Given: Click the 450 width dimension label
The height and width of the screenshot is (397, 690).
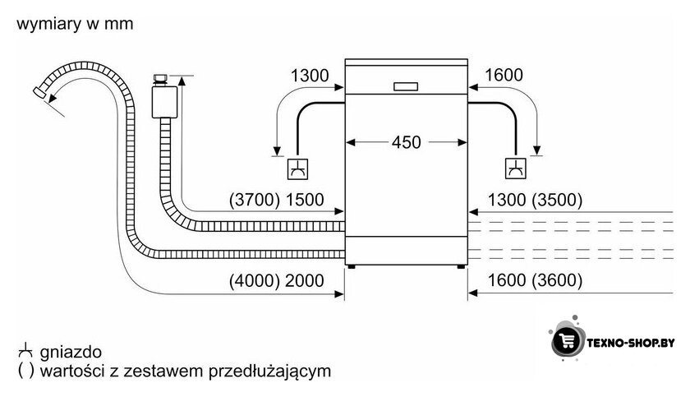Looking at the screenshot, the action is pos(406,142).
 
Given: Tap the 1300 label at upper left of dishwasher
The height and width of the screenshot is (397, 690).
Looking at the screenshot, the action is pos(310,76).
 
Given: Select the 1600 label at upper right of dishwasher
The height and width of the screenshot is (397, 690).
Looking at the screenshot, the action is pos(504,75).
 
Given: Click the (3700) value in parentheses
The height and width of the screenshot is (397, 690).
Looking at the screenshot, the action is pos(255,200).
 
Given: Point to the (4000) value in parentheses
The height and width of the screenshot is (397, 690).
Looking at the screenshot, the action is pos(255,280).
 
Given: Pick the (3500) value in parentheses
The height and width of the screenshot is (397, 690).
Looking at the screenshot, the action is pos(557,200).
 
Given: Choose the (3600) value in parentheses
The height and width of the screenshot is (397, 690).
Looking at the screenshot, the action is pos(557,280).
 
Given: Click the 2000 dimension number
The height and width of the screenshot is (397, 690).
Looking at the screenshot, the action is pos(305,280).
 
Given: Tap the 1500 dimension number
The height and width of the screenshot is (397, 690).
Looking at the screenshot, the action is pos(305,200).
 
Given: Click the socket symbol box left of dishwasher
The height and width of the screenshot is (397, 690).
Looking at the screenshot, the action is pos(297,169).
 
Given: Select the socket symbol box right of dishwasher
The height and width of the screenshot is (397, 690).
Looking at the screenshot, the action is pos(515,168).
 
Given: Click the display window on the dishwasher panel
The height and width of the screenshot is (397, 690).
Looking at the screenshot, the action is pos(406,86).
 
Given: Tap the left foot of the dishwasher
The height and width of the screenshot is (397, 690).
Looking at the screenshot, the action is pos(352,266).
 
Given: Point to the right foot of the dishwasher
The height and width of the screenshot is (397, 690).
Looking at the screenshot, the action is pos(460,266).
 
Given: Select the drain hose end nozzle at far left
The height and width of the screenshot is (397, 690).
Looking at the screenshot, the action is pos(40,91).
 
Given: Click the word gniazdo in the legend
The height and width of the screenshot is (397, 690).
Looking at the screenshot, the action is pos(71,352).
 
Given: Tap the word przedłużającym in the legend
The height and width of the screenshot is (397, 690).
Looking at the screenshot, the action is pos(269,371).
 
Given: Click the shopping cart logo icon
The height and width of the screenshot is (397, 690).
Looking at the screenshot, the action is pos(566,340).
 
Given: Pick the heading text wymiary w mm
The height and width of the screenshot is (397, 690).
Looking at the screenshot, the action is pos(75,24).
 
